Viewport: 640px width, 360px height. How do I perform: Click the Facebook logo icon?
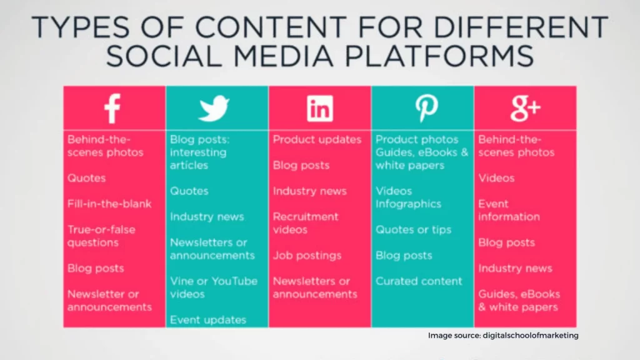112,109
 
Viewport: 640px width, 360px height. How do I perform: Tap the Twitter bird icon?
214,109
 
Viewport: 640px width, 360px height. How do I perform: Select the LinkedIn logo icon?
320,109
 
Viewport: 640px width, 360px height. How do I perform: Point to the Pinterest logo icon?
426,109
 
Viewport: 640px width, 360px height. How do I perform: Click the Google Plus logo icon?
525,109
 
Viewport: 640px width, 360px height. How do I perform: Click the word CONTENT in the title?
271,27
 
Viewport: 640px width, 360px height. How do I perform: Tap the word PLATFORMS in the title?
439,56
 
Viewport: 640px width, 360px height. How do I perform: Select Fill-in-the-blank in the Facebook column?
109,204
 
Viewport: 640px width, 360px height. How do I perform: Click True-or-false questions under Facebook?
101,236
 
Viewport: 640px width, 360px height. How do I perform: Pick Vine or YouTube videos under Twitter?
214,287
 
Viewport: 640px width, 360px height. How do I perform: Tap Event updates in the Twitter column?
208,320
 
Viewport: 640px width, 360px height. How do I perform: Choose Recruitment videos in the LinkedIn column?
306,223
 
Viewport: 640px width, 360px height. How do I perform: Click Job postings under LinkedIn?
307,256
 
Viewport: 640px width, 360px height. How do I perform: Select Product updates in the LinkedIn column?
317,139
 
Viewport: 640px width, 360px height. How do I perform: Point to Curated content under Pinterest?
419,281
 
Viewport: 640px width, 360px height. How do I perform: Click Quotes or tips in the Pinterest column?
414,230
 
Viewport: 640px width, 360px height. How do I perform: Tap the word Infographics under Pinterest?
408,204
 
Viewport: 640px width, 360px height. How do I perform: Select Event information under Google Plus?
509,210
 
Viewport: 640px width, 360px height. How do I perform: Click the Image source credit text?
503,336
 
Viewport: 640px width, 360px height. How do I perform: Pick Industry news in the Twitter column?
207,217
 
